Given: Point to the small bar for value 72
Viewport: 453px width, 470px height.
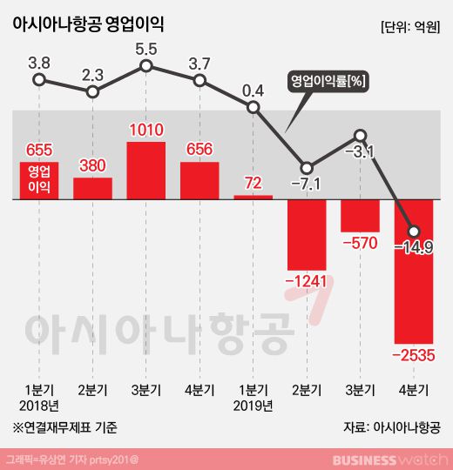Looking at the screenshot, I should [x=253, y=197].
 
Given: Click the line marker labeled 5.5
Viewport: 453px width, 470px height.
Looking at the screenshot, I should [x=146, y=66].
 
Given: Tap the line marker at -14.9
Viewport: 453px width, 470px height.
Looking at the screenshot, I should [x=414, y=230].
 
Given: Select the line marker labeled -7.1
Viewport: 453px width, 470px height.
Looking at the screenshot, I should [x=307, y=166].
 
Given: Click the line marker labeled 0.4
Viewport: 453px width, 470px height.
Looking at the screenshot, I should [x=253, y=108].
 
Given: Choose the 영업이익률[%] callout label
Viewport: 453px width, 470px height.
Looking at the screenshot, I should [x=326, y=81].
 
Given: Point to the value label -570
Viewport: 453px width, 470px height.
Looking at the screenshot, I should [x=360, y=243].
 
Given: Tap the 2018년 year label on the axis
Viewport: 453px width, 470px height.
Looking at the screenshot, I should [x=38, y=405].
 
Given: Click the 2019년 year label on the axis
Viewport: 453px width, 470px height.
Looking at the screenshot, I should [x=253, y=405].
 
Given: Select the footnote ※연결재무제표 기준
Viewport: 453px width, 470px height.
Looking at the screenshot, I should [x=64, y=427].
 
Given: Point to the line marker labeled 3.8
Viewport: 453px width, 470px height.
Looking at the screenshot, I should [x=38, y=80].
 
